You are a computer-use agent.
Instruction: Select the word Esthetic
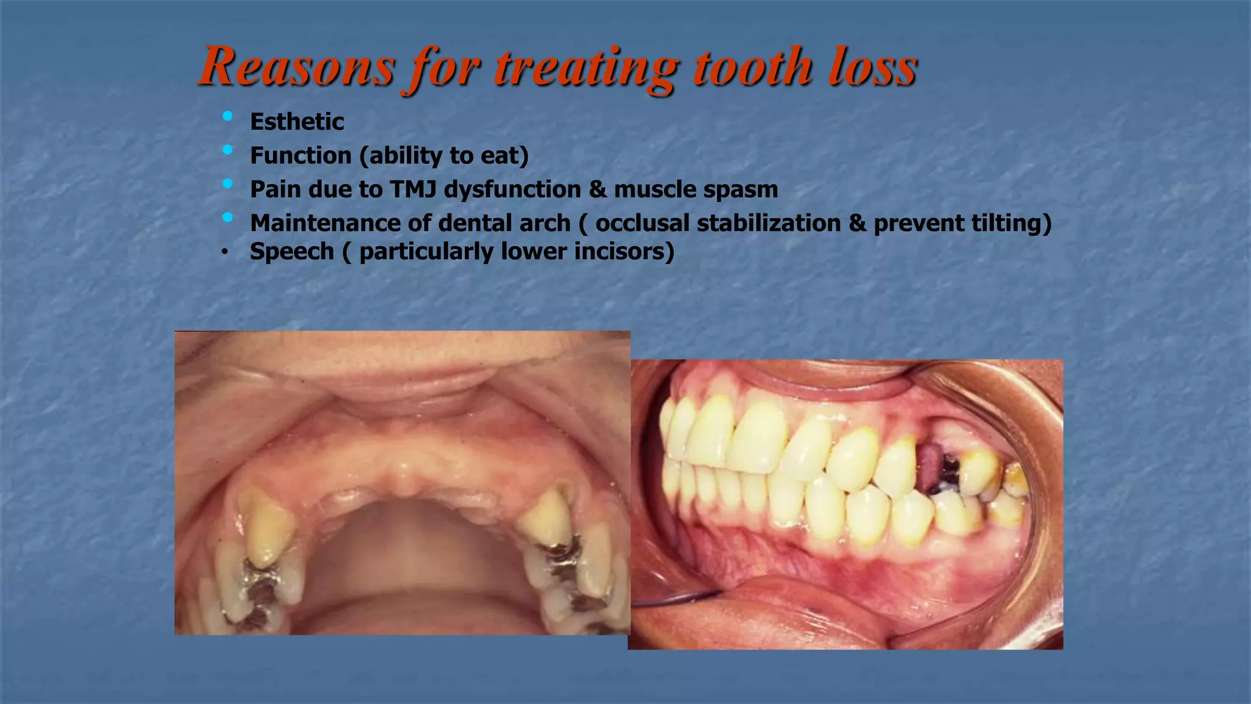tap(297, 122)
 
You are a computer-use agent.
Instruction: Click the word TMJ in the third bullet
tap(413, 189)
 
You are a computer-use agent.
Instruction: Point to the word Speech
tap(291, 252)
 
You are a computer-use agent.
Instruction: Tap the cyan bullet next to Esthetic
tap(228, 116)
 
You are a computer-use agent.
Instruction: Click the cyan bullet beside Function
tap(228, 150)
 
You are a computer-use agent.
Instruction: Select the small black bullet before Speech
tap(225, 252)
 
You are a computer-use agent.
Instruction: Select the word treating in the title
tap(586, 67)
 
